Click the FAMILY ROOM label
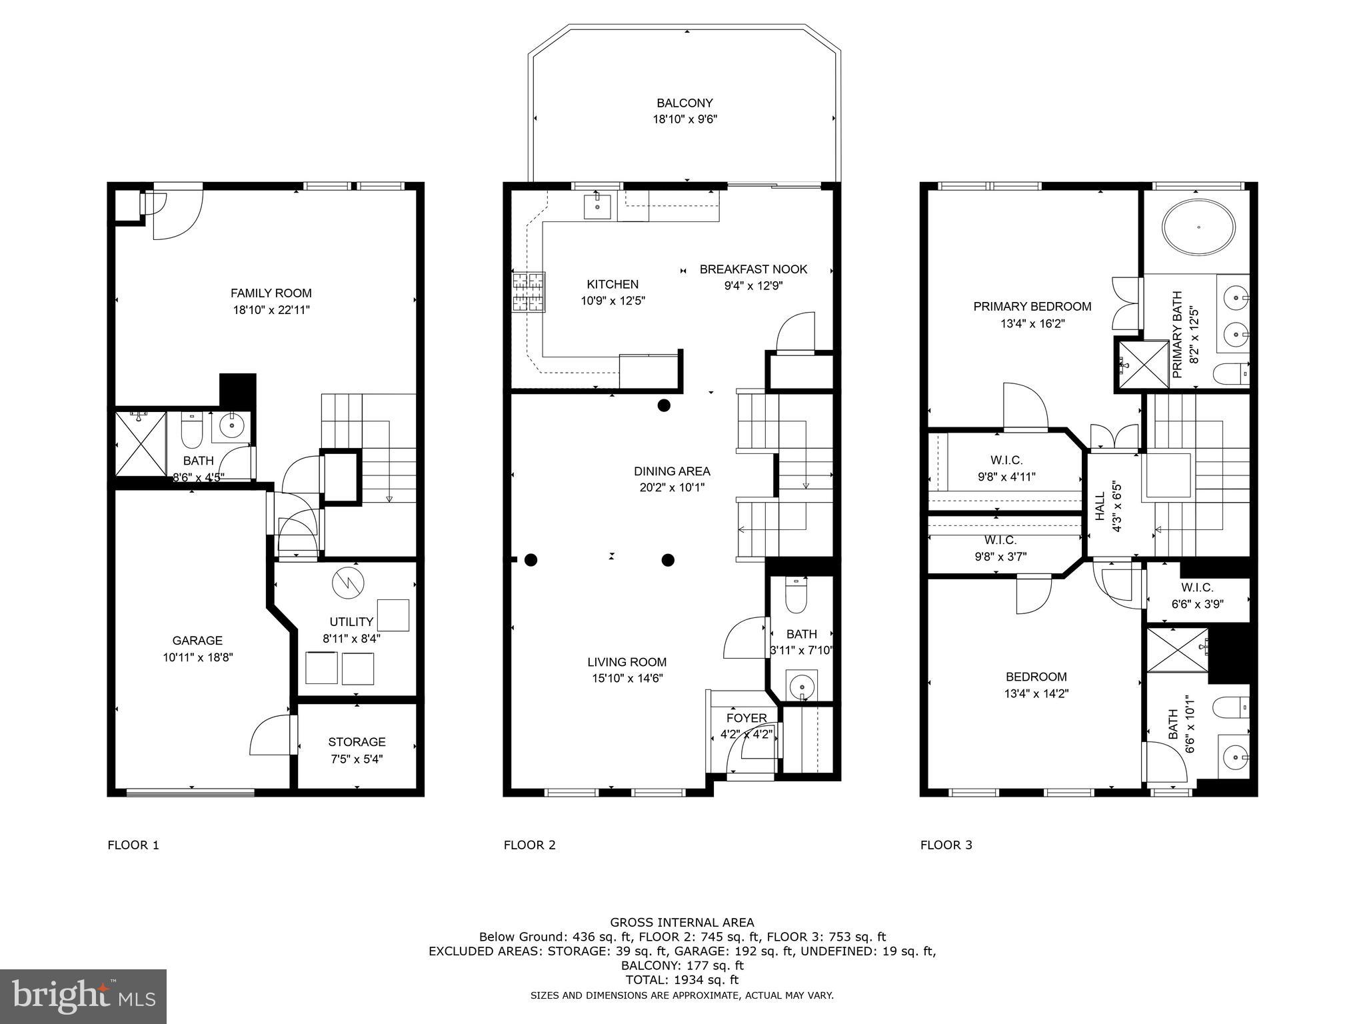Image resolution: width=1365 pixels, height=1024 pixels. pos(271,293)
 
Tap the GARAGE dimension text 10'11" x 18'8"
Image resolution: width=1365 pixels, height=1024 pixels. pos(197,657)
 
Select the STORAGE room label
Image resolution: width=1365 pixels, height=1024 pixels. pos(357,741)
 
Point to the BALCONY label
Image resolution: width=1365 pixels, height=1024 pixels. pos(684,103)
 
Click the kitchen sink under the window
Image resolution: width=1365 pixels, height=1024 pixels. pos(597,206)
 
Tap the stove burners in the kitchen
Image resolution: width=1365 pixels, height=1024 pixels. pos(529,291)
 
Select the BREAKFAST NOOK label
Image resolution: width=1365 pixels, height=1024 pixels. pos(753,269)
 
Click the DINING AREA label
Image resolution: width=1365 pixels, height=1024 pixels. pos(672,471)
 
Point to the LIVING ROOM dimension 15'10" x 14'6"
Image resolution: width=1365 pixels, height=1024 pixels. pos(627,679)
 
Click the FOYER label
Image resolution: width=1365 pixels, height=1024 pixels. pos(746,718)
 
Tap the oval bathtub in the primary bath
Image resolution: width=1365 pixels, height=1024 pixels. pos(1198,227)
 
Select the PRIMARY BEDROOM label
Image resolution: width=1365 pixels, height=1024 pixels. pos(1032,307)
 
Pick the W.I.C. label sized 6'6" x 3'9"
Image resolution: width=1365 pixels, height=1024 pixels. pos(1197,587)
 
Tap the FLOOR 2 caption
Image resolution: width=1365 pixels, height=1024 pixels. pos(529,845)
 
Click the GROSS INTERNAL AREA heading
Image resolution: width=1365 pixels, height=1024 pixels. pos(682,923)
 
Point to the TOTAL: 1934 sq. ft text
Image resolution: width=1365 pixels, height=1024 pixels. pos(682,980)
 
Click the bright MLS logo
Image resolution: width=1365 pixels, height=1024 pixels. pos(83,997)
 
